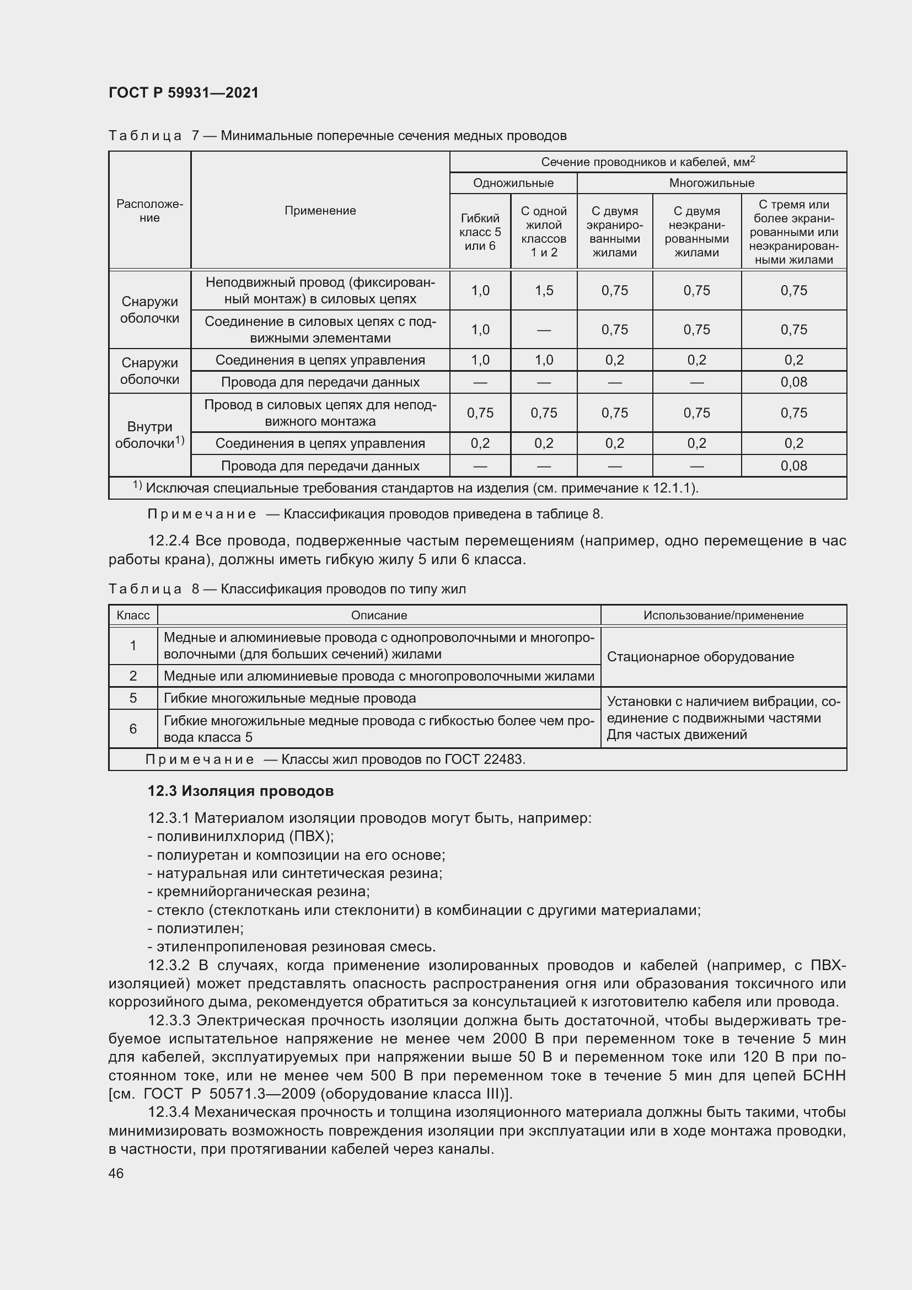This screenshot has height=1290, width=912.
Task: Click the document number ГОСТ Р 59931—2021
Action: coord(184,93)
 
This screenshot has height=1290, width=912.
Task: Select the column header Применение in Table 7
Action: coord(320,211)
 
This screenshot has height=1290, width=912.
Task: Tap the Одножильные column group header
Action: coord(513,183)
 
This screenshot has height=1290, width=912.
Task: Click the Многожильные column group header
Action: coord(711,183)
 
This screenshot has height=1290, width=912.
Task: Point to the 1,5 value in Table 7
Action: coord(544,291)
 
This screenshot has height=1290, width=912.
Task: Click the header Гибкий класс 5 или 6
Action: coord(480,232)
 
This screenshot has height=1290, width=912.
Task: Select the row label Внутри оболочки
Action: coord(149,435)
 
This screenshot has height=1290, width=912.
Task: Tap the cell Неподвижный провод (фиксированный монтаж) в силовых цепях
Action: coord(320,291)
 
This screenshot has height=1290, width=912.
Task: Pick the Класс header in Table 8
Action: coord(133,615)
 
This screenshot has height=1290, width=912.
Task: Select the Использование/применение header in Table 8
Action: coord(723,615)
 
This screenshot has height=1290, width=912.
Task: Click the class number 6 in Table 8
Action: coord(133,729)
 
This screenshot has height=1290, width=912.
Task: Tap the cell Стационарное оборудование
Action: coord(700,657)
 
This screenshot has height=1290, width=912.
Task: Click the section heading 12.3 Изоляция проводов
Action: coord(240,791)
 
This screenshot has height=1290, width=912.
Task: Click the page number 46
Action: coord(116,1173)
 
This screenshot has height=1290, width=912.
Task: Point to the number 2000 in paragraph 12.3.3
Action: coord(510,1039)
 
